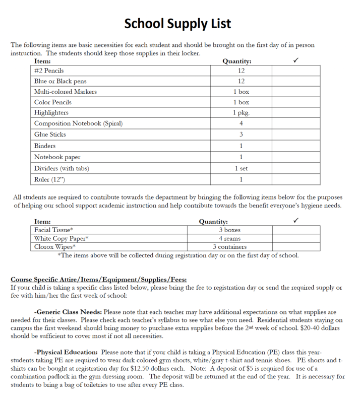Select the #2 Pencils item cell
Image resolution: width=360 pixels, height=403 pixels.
coord(49,71)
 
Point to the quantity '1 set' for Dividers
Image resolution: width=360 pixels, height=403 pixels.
coord(241,168)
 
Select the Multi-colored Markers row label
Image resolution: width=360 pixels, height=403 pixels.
coord(66,92)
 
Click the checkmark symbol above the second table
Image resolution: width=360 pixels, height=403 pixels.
coord(296,221)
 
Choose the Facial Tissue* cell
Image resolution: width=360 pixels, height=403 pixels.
coord(54,229)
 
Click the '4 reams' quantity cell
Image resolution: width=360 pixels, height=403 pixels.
coord(229,238)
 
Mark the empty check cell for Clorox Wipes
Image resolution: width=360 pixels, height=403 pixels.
coord(296,246)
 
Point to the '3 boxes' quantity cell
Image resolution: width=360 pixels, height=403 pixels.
coord(229,229)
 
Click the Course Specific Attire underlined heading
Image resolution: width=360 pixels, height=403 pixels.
coord(99,280)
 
